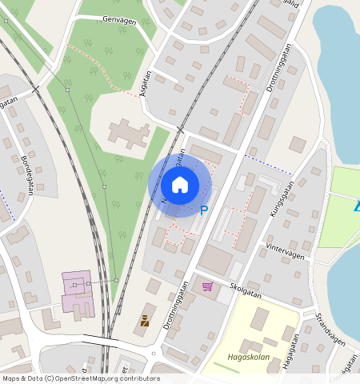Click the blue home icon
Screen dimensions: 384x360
[x=180, y=186]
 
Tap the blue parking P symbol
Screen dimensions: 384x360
[x=203, y=210]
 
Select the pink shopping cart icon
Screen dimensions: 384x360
[x=208, y=286]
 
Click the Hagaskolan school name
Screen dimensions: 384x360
[x=246, y=358]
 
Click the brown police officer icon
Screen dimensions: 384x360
[x=145, y=321]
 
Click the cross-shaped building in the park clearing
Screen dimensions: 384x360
[x=128, y=132]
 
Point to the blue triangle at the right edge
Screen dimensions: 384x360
[x=355, y=206]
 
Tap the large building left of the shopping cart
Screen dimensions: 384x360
[x=217, y=260]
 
